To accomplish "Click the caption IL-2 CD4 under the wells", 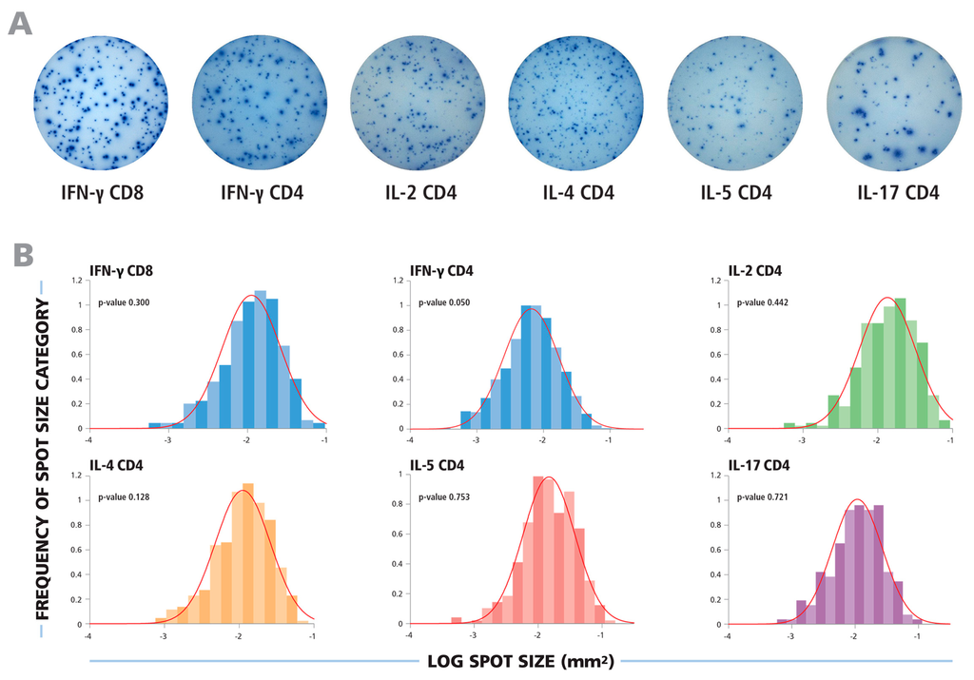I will pyautogui.click(x=418, y=194).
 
